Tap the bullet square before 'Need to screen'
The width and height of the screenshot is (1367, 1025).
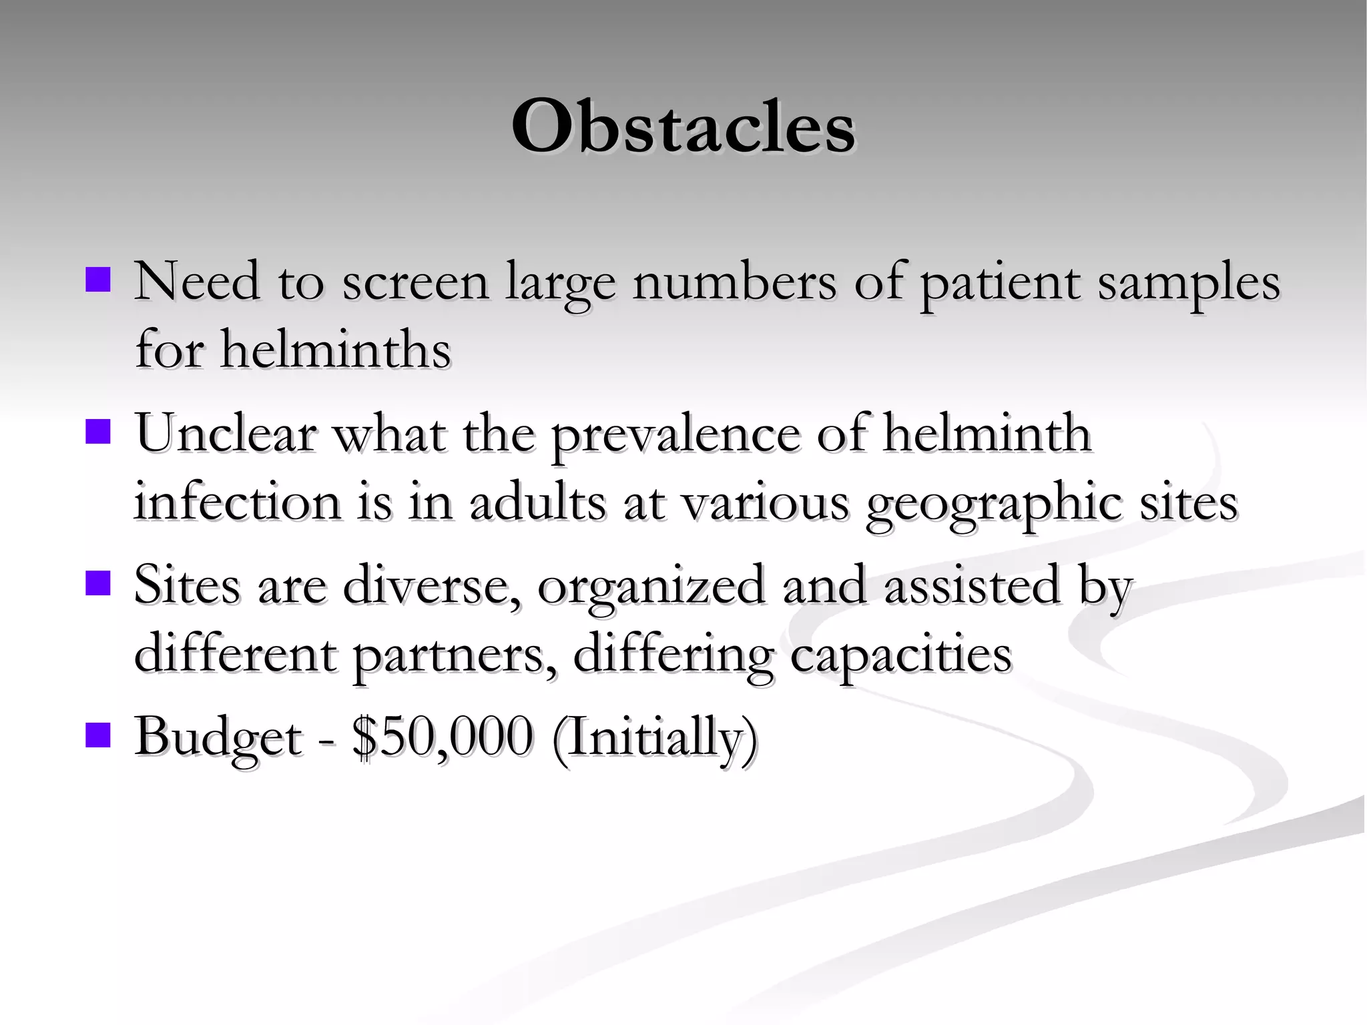97,280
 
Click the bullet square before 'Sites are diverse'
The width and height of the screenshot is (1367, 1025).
97,582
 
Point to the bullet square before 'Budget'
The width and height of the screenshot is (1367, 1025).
97,734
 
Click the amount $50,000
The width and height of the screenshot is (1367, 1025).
443,737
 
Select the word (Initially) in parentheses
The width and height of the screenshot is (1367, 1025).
655,739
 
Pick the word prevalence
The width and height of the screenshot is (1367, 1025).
675,435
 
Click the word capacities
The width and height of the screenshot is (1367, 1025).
901,655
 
